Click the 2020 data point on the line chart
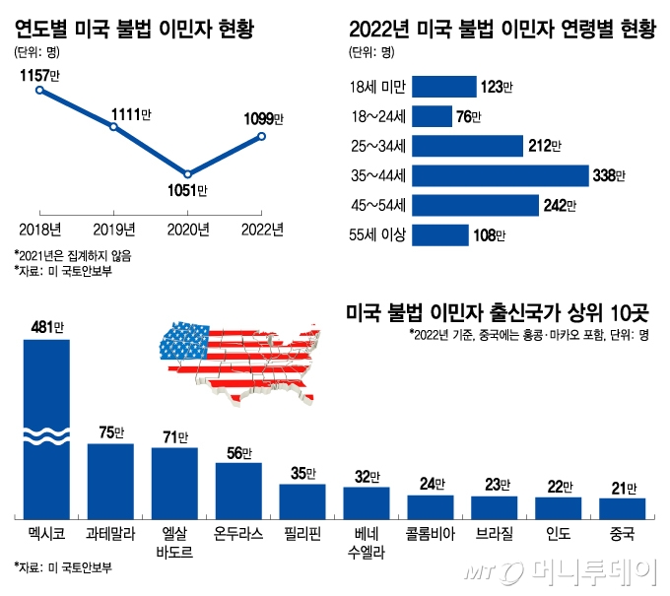tap(187, 173)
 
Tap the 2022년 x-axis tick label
tap(262, 230)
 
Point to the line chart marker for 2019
tap(113, 127)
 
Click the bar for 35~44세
tap(500, 175)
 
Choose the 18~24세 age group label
tap(377, 117)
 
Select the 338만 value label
tap(608, 175)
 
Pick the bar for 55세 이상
tap(439, 235)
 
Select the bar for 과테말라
tap(110, 481)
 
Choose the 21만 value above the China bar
tap(622, 487)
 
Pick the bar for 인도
tap(558, 507)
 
